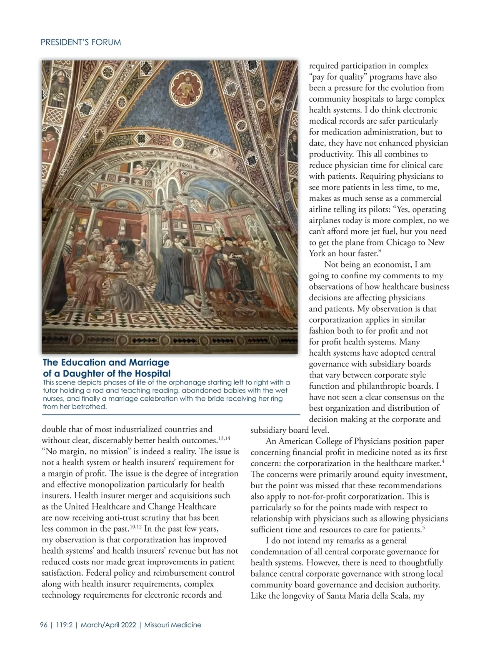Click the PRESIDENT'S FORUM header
point(81,42)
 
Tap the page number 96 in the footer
point(44,625)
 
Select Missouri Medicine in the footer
point(172,625)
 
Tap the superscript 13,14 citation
point(224,438)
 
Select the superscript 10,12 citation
point(135,527)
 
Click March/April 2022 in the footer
point(109,625)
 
